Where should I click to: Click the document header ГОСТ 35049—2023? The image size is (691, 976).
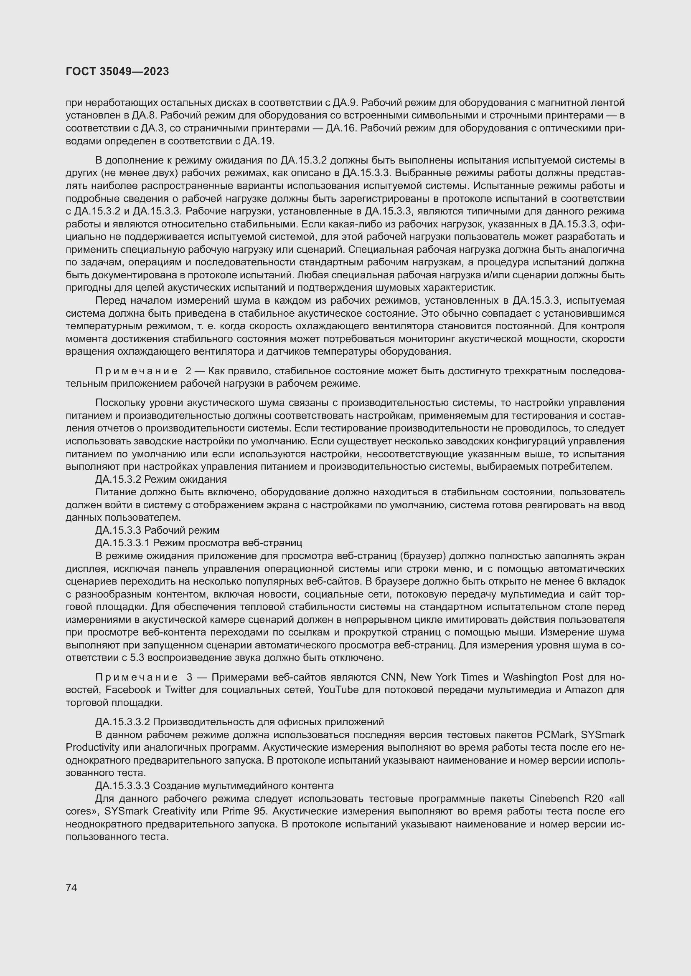117,71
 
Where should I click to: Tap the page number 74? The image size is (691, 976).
71,888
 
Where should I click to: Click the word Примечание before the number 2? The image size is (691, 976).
137,371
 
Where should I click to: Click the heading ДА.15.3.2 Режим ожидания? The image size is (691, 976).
161,479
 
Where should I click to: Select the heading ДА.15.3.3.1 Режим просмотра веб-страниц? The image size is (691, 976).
198,543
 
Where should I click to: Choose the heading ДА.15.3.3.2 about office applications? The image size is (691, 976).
239,722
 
